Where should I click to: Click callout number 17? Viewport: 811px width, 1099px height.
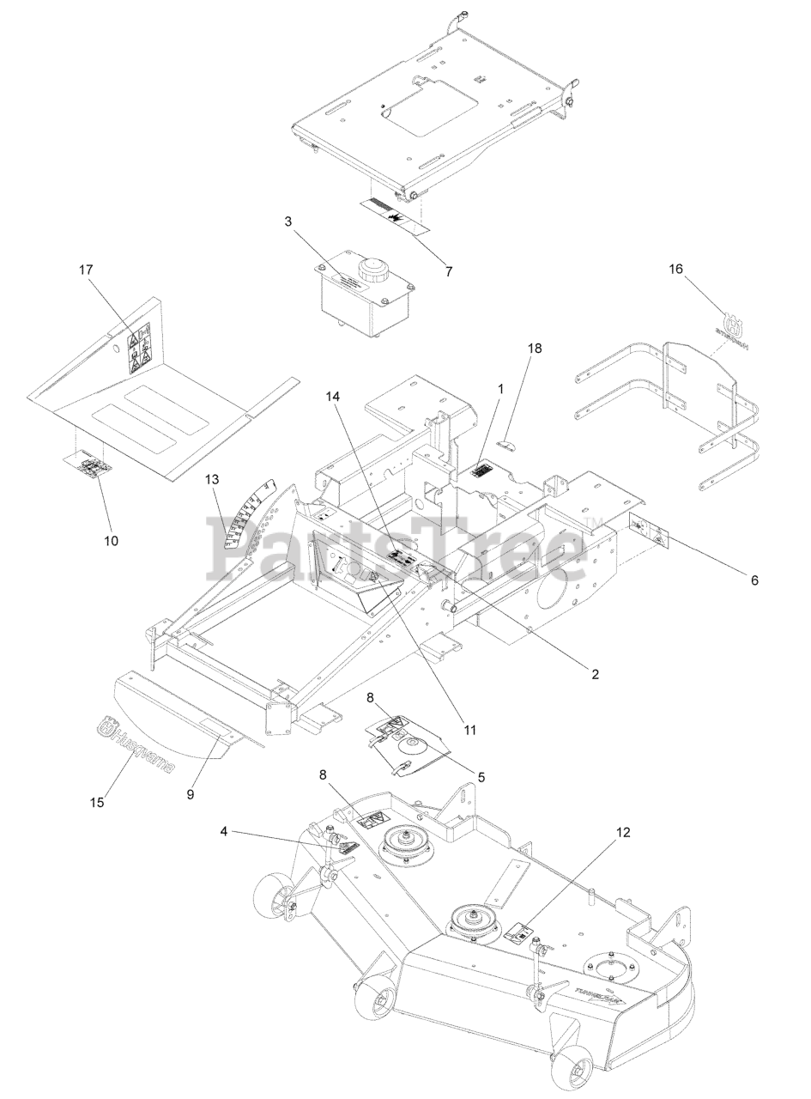coord(86,270)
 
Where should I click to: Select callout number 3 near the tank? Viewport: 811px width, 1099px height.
coord(288,222)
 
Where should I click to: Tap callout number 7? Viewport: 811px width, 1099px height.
coord(448,271)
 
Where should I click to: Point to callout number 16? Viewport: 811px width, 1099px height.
coord(676,270)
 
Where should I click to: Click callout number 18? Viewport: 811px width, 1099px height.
coord(535,349)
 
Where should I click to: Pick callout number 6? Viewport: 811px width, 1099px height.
coord(754,580)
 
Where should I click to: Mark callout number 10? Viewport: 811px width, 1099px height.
coord(111,541)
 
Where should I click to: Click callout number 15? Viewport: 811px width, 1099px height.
coord(97,802)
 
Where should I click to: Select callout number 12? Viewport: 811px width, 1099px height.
coord(622,832)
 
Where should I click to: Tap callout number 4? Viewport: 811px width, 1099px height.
coord(223,831)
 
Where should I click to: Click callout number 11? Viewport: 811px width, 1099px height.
coord(469,730)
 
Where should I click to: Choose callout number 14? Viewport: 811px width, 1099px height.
coord(333,397)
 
